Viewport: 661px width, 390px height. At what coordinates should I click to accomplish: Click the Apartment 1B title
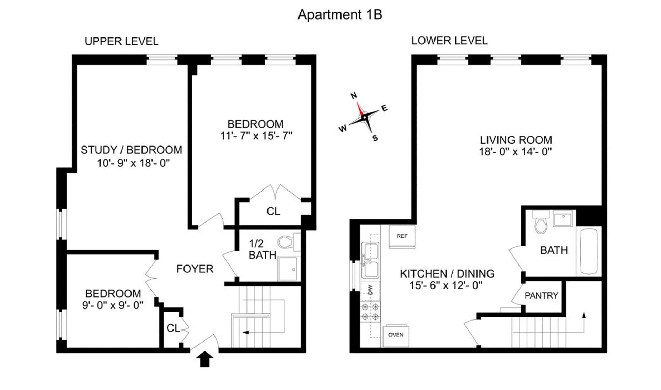(x=340, y=15)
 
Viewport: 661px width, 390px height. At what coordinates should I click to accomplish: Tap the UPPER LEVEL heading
(x=122, y=41)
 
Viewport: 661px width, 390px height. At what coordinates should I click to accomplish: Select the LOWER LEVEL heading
(x=449, y=41)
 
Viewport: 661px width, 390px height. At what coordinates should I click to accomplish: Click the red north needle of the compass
(x=360, y=109)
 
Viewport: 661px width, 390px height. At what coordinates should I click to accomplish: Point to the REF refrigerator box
(x=402, y=236)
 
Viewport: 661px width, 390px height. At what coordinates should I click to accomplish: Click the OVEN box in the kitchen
(x=396, y=335)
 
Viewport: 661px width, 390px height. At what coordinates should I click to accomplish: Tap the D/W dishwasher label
(x=370, y=290)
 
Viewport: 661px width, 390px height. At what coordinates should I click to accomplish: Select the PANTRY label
(x=541, y=295)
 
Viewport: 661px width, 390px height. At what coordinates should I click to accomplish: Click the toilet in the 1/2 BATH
(x=285, y=242)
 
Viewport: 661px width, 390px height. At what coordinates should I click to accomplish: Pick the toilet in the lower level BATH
(x=541, y=224)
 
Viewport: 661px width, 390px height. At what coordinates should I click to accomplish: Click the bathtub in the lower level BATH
(x=589, y=251)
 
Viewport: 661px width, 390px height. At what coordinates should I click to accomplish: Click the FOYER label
(x=195, y=269)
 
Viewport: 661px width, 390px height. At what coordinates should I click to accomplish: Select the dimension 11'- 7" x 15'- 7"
(x=256, y=136)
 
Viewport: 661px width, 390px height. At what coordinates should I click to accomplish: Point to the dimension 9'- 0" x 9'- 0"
(x=113, y=305)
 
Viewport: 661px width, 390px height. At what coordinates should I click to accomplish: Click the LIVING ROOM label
(x=516, y=140)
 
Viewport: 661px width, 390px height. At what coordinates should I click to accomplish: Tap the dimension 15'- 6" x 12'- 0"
(x=446, y=285)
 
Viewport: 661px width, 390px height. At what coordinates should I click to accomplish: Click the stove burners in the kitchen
(x=370, y=312)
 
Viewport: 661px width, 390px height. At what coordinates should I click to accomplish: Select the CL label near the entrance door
(x=173, y=328)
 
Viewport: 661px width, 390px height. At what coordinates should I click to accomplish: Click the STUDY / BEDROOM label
(x=132, y=150)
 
